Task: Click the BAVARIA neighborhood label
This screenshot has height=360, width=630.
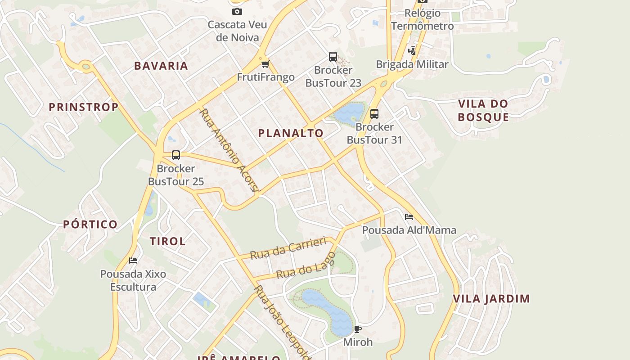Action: (x=161, y=66)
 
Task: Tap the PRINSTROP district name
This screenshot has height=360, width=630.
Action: (x=84, y=107)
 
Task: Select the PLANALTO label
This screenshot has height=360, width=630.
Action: (x=291, y=133)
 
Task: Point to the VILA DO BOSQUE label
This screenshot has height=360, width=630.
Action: (x=483, y=110)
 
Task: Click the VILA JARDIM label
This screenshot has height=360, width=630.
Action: (x=491, y=299)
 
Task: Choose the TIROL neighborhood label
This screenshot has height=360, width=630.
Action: (x=168, y=241)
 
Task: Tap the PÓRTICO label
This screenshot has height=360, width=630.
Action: (x=90, y=224)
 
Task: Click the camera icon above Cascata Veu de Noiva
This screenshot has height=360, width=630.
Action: (x=237, y=12)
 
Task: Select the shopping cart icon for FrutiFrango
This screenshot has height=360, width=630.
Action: (x=265, y=64)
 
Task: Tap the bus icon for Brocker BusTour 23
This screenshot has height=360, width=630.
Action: (x=333, y=57)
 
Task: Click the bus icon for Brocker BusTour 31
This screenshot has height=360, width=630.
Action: (x=374, y=114)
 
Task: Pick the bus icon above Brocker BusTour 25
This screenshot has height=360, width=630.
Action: (x=176, y=155)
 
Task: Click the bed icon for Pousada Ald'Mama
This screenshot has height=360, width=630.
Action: (x=409, y=217)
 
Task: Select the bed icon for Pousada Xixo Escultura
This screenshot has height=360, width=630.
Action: (x=133, y=260)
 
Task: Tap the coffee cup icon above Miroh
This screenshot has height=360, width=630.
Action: (x=358, y=329)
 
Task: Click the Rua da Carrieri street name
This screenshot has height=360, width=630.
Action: (x=288, y=248)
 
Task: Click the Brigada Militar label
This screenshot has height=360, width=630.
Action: (x=412, y=64)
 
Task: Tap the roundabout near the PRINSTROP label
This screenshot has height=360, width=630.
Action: (x=86, y=67)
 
